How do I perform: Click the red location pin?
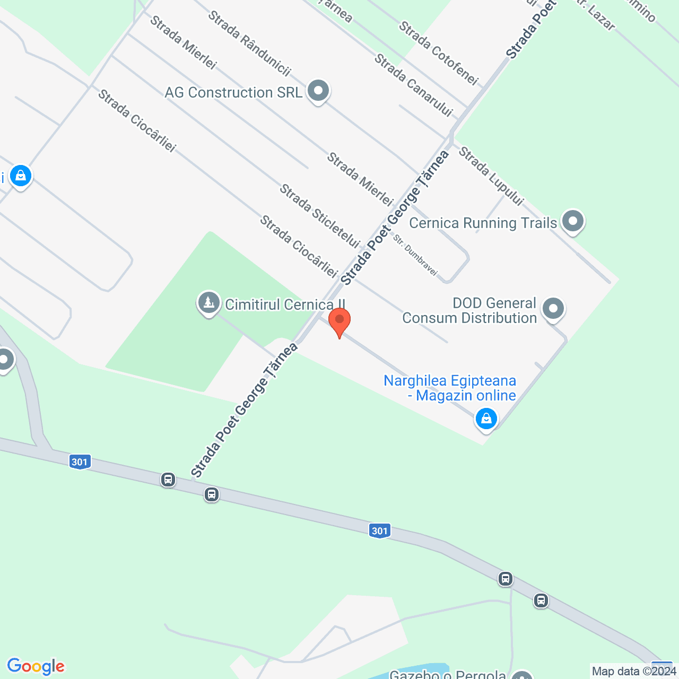(339, 321)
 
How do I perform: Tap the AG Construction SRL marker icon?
(318, 91)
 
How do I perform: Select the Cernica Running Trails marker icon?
(572, 221)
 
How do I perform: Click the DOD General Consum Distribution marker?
(553, 308)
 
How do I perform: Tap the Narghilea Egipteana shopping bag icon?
(486, 419)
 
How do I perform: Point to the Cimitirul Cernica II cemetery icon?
(208, 303)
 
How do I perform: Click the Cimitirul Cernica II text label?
(285, 304)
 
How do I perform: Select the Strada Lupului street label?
(491, 176)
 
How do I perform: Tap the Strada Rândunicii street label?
(249, 42)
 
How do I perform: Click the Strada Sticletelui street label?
(320, 215)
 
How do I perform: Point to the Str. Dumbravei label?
(415, 255)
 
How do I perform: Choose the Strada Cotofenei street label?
(438, 53)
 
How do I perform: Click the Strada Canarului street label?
(414, 85)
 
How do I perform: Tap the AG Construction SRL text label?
(233, 92)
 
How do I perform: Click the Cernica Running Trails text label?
(483, 223)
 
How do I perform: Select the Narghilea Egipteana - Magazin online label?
(450, 388)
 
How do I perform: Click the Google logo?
(36, 666)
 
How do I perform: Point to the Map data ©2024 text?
(634, 671)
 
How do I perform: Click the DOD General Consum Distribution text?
(469, 310)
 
